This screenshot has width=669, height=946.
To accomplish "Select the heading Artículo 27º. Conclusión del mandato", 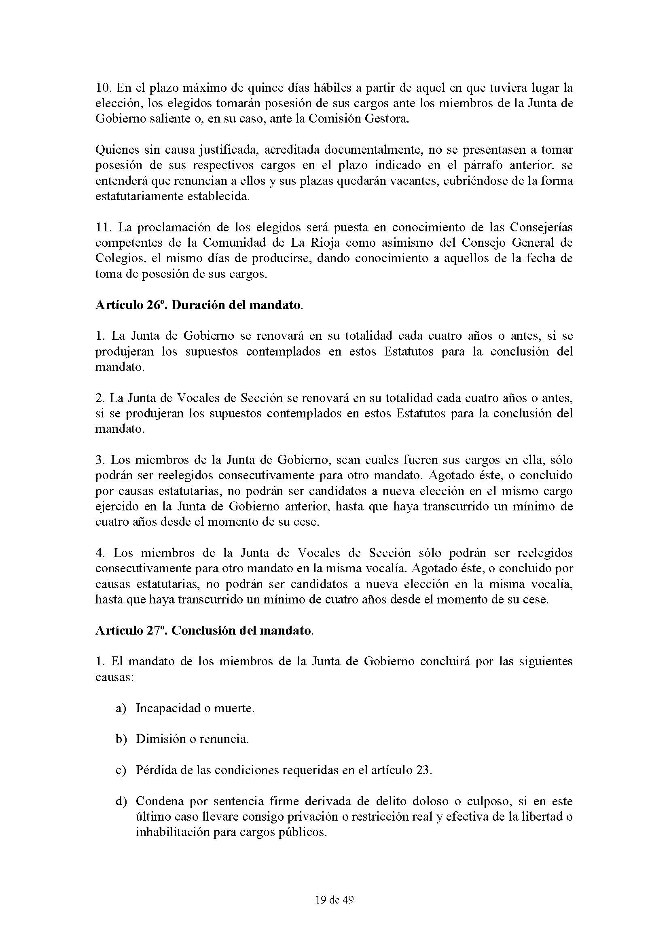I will [x=204, y=631].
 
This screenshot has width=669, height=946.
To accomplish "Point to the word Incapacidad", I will [x=165, y=709].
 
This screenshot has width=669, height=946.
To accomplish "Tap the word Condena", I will [x=159, y=801].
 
